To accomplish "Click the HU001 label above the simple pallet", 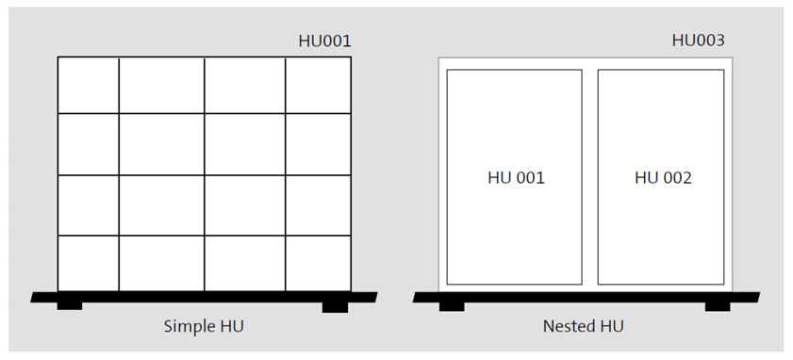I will point(324,41).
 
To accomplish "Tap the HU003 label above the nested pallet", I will point(698,41).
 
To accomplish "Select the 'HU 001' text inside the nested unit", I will point(516,177).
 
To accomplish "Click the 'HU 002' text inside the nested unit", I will point(663,177).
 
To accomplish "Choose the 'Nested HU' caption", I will point(584,326).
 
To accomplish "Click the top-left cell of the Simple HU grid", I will point(88,85).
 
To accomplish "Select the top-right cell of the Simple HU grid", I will point(319,85).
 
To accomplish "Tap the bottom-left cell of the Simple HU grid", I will point(88,263).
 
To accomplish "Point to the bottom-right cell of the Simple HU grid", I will point(319,263).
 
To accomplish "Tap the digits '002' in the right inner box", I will point(676,177).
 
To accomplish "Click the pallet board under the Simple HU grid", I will point(203,297).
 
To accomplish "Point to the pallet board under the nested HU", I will point(584,297).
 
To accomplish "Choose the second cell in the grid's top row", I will point(161,85).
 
